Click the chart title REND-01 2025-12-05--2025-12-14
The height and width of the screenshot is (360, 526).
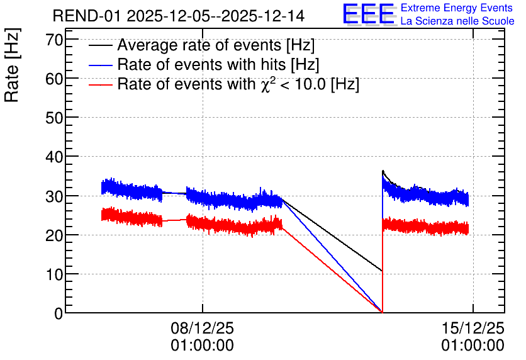[x=179, y=16]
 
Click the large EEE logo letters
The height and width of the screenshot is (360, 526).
[x=369, y=14]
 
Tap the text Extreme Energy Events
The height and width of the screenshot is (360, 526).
[x=457, y=8]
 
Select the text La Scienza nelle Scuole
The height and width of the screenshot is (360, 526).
[x=457, y=21]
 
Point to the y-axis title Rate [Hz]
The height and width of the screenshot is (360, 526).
[x=12, y=65]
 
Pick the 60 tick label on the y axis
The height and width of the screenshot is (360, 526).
[x=54, y=79]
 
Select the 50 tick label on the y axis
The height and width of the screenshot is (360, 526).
[x=54, y=118]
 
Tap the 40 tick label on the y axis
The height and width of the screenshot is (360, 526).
[x=54, y=157]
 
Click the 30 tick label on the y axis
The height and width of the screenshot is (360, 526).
[x=54, y=196]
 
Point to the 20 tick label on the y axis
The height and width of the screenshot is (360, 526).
[x=54, y=235]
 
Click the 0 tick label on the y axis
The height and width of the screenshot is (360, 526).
[x=59, y=313]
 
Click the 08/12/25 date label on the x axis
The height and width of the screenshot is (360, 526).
[x=202, y=328]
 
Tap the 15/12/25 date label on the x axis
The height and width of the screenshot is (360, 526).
[x=473, y=328]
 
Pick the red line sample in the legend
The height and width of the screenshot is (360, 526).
[x=100, y=85]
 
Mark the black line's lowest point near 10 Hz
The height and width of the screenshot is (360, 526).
[x=382, y=271]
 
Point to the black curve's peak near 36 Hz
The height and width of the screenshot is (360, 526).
[x=383, y=171]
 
